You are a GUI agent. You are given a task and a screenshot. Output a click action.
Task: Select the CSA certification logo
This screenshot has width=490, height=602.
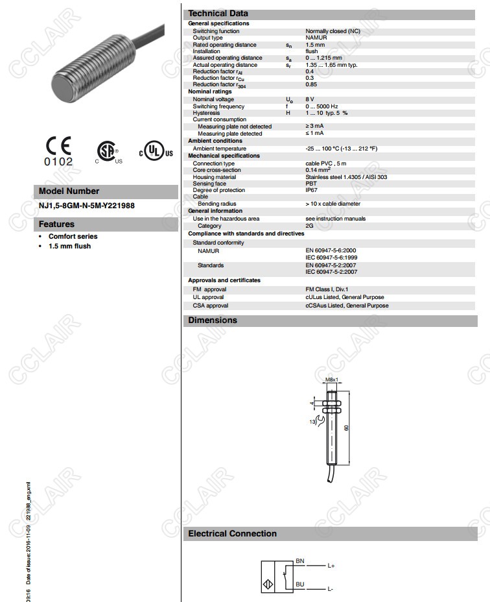[x=108, y=151]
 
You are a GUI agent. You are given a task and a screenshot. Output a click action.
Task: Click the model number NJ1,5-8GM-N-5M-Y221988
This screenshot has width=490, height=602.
[x=87, y=206]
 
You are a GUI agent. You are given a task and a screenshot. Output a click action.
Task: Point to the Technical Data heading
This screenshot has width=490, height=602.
[x=218, y=13]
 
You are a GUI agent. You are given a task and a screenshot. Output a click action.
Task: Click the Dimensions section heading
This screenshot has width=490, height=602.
[x=213, y=320]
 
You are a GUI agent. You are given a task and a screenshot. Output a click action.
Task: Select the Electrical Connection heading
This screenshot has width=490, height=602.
[x=232, y=534]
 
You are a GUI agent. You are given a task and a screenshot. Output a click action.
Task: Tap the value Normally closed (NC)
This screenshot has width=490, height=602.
[x=331, y=31]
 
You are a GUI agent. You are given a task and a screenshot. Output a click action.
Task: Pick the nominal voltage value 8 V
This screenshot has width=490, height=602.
[x=310, y=99]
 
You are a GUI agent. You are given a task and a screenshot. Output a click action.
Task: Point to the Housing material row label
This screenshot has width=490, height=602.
[x=215, y=177]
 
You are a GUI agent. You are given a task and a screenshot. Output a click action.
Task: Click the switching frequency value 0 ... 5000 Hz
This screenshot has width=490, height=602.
[x=321, y=106]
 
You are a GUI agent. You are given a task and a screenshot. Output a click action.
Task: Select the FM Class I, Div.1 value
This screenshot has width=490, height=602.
[x=327, y=289]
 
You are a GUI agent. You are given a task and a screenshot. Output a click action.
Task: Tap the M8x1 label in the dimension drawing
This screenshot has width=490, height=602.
[x=332, y=379]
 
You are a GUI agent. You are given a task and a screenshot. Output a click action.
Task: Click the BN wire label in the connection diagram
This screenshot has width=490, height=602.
[x=299, y=560]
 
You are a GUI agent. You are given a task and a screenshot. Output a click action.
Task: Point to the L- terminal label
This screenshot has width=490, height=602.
[x=331, y=589]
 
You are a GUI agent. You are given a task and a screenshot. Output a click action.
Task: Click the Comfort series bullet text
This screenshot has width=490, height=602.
[x=73, y=237]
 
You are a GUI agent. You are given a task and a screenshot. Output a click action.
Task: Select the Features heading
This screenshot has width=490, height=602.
[x=56, y=224]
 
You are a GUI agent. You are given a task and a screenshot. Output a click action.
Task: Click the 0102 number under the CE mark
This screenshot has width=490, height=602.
[x=58, y=162]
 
